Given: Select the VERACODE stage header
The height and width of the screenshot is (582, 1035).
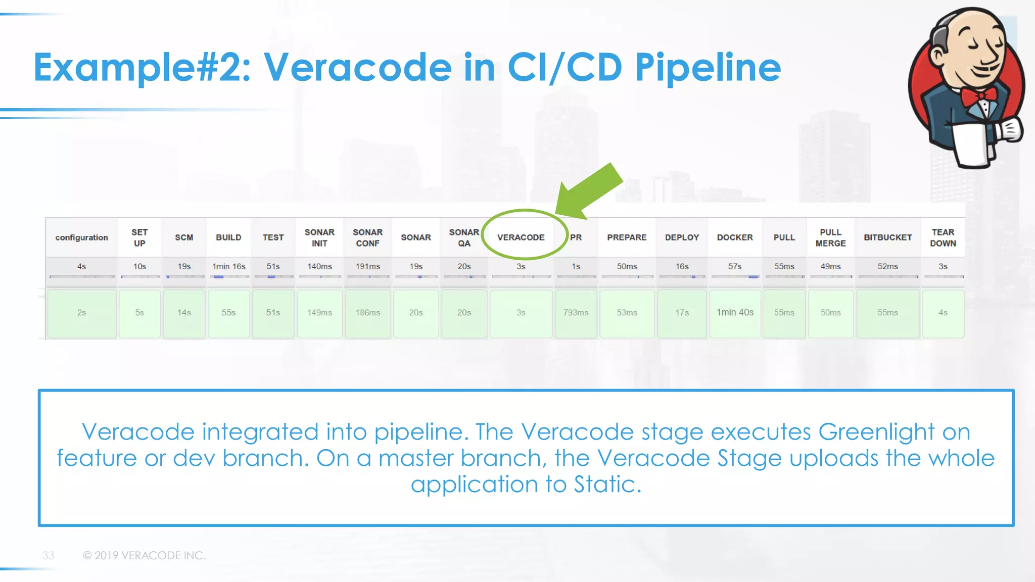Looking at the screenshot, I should point(521,237).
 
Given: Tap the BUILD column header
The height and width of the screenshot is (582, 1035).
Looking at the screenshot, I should point(228,237).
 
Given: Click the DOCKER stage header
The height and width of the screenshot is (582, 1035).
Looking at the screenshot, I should point(735,237).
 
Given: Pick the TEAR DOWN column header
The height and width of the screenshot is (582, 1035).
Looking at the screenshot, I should point(943,237).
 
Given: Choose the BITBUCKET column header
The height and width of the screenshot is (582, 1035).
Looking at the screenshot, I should point(888,237).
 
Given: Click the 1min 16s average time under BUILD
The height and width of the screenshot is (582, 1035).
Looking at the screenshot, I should point(228,266).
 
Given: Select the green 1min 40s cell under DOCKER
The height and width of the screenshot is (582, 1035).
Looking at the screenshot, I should point(735,313).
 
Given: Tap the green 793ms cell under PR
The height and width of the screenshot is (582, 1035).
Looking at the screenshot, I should point(576,313).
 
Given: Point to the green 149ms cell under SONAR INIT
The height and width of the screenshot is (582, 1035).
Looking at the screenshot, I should point(319,313).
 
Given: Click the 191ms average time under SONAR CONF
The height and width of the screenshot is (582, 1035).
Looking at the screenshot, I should point(367,266).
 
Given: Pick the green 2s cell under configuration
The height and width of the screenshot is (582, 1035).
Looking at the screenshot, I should point(81,313).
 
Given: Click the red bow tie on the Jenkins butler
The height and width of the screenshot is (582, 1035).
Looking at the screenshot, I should point(979,96).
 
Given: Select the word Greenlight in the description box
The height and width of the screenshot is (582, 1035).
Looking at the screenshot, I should point(876,432).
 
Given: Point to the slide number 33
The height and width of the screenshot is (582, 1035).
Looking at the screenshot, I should point(48,556).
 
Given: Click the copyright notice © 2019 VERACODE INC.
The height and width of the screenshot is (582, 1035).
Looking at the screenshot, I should point(145,556).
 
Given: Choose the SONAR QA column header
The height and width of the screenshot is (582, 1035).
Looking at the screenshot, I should point(464,237).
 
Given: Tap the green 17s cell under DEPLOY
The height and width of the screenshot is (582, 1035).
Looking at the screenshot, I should point(682,313).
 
